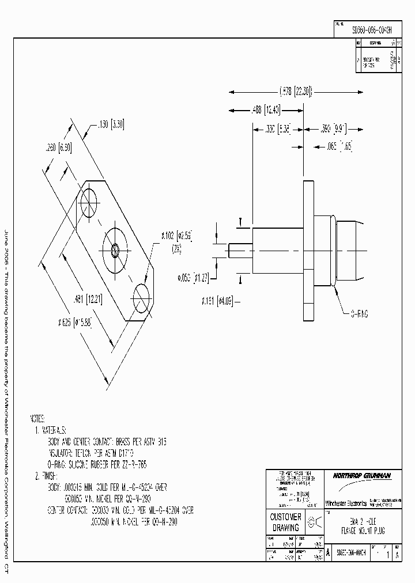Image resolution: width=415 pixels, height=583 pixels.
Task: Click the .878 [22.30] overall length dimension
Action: (295, 91)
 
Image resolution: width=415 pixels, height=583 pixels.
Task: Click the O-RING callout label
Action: (359, 313)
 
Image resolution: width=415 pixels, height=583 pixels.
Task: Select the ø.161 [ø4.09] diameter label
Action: (217, 300)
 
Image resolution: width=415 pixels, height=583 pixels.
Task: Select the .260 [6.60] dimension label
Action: (58, 148)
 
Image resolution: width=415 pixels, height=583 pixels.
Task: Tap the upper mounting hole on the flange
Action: (90, 202)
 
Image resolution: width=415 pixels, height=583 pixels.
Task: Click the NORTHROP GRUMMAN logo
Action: (361, 475)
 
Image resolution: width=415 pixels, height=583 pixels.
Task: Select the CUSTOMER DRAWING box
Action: (286, 522)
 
